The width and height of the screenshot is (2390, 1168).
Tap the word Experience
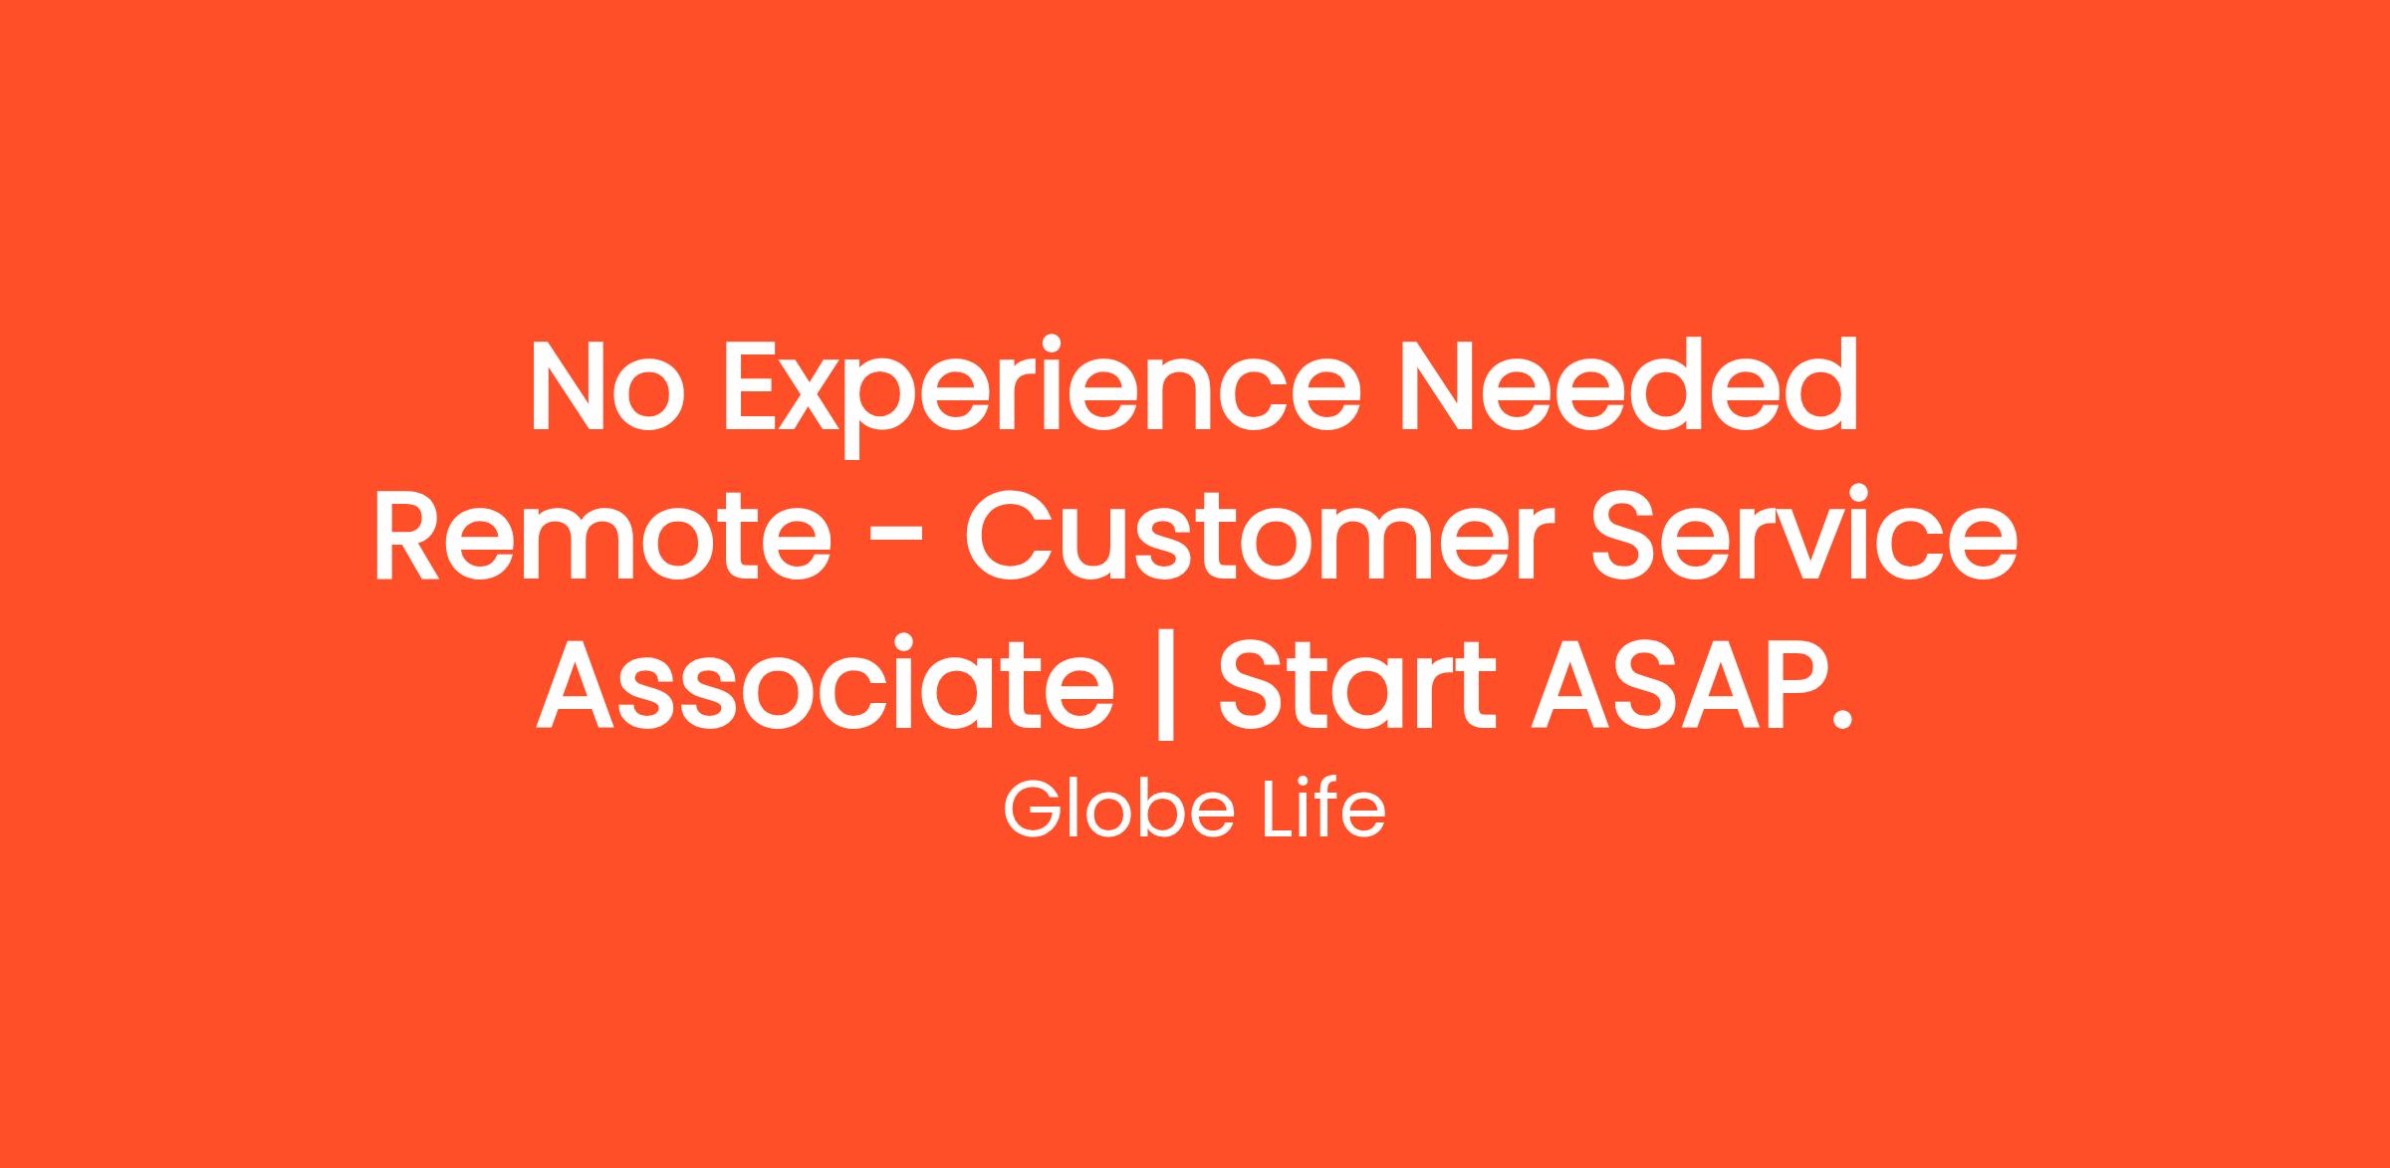coord(1042,397)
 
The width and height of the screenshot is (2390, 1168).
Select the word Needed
coord(1629,384)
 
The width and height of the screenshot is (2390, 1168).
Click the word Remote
coord(602,535)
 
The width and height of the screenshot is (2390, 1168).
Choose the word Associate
coord(825,682)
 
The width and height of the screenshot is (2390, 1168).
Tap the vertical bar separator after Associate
coord(1166,683)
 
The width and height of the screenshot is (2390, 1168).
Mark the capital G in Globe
coord(1033,811)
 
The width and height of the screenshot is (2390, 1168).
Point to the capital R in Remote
coord(407,535)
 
